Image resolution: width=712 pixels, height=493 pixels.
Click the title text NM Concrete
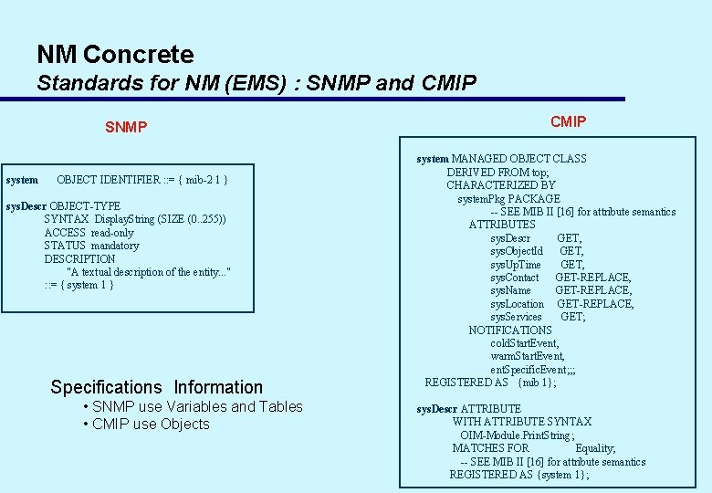click(x=115, y=55)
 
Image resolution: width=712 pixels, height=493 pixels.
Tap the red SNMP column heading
click(x=125, y=127)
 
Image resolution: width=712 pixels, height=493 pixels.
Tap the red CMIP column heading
click(x=568, y=121)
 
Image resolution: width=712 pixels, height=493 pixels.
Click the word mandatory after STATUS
click(x=114, y=246)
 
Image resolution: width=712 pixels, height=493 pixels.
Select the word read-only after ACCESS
click(x=111, y=233)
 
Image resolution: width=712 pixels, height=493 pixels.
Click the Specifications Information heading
click(x=156, y=387)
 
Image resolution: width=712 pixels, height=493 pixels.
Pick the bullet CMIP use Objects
click(x=151, y=424)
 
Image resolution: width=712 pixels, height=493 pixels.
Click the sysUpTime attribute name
click(x=515, y=265)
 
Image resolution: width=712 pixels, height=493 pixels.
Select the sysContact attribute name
click(x=514, y=278)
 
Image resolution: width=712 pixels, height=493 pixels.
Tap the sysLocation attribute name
click(x=517, y=304)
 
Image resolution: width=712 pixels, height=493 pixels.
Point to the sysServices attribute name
click(x=516, y=317)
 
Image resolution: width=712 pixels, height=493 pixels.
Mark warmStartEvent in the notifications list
click(x=527, y=356)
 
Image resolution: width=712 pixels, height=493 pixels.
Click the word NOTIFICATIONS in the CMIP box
click(x=510, y=330)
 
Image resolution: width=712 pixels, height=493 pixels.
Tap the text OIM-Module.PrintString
click(x=518, y=435)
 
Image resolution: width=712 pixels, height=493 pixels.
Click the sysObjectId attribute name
click(x=516, y=251)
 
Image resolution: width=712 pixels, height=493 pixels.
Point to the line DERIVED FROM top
click(x=497, y=172)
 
